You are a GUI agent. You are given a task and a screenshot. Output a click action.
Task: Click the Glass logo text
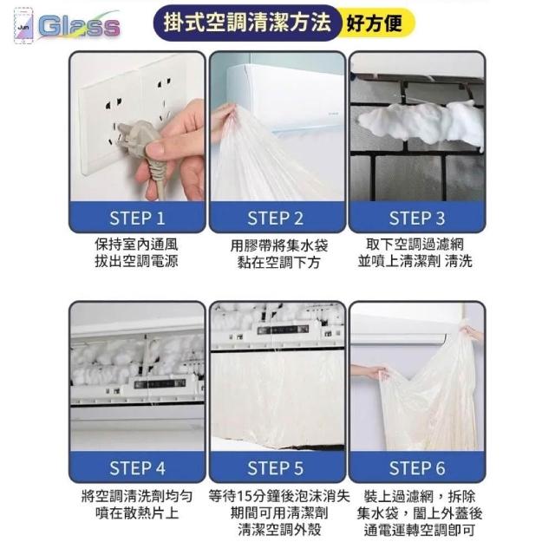(x=79, y=26)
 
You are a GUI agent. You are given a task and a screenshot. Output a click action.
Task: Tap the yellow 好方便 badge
(x=375, y=23)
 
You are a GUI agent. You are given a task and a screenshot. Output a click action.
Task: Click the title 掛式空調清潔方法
(x=247, y=23)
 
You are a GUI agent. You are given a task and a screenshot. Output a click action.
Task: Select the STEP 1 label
(x=137, y=218)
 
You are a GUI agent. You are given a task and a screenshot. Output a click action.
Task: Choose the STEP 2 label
(x=276, y=218)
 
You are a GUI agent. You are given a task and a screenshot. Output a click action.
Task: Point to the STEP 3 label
(x=416, y=218)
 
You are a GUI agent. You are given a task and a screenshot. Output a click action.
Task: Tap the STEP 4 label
(x=137, y=467)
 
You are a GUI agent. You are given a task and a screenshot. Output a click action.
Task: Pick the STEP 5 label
(x=276, y=467)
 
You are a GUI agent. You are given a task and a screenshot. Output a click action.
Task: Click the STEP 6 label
(x=416, y=467)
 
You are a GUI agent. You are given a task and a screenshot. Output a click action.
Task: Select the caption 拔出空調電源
(x=137, y=261)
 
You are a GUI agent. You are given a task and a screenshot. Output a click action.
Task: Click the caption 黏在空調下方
(x=279, y=262)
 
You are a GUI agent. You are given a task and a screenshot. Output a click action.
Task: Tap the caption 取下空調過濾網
(x=415, y=245)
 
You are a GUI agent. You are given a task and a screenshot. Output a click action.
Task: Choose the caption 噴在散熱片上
(x=137, y=513)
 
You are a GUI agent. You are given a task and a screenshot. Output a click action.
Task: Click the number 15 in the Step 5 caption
(x=244, y=496)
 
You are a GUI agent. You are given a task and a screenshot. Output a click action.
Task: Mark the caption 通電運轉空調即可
(x=420, y=530)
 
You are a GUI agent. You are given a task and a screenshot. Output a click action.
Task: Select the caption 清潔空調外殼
(x=279, y=530)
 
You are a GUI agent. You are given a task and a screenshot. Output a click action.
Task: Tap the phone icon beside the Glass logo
(x=23, y=26)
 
